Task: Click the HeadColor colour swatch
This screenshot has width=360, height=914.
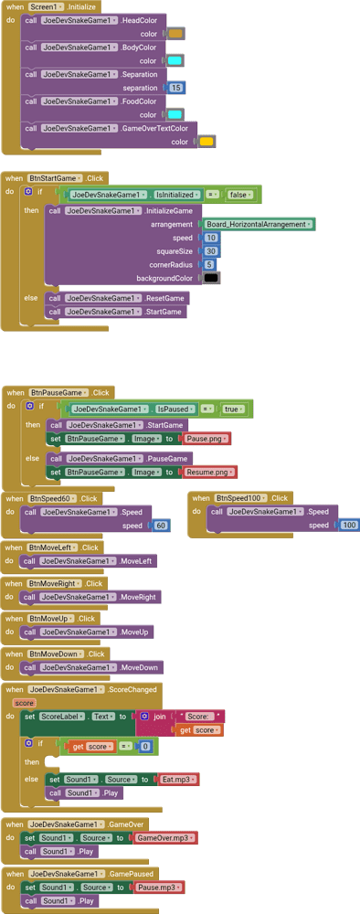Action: tap(176, 34)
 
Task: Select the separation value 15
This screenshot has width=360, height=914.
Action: tap(176, 88)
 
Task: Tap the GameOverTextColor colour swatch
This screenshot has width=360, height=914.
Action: tap(206, 142)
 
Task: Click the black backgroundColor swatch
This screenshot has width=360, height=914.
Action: tap(211, 278)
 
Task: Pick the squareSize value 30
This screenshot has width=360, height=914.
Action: tap(211, 250)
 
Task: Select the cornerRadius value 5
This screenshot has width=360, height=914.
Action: tap(209, 264)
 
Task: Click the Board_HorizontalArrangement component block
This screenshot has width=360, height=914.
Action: tap(258, 224)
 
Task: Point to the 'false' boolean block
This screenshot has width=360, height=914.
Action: tap(239, 195)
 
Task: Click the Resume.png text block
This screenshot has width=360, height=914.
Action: tap(210, 473)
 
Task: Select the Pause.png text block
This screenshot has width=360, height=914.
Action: tap(206, 439)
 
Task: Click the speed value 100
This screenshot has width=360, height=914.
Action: tap(348, 525)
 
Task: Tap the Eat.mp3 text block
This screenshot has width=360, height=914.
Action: tap(177, 780)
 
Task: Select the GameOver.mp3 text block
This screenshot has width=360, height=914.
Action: tap(164, 838)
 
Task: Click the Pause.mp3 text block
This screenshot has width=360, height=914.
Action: tap(158, 887)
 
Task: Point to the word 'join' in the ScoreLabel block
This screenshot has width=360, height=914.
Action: tap(160, 717)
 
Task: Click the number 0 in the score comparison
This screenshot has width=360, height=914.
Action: tap(145, 747)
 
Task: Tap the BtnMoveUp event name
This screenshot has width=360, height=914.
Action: tap(51, 619)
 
